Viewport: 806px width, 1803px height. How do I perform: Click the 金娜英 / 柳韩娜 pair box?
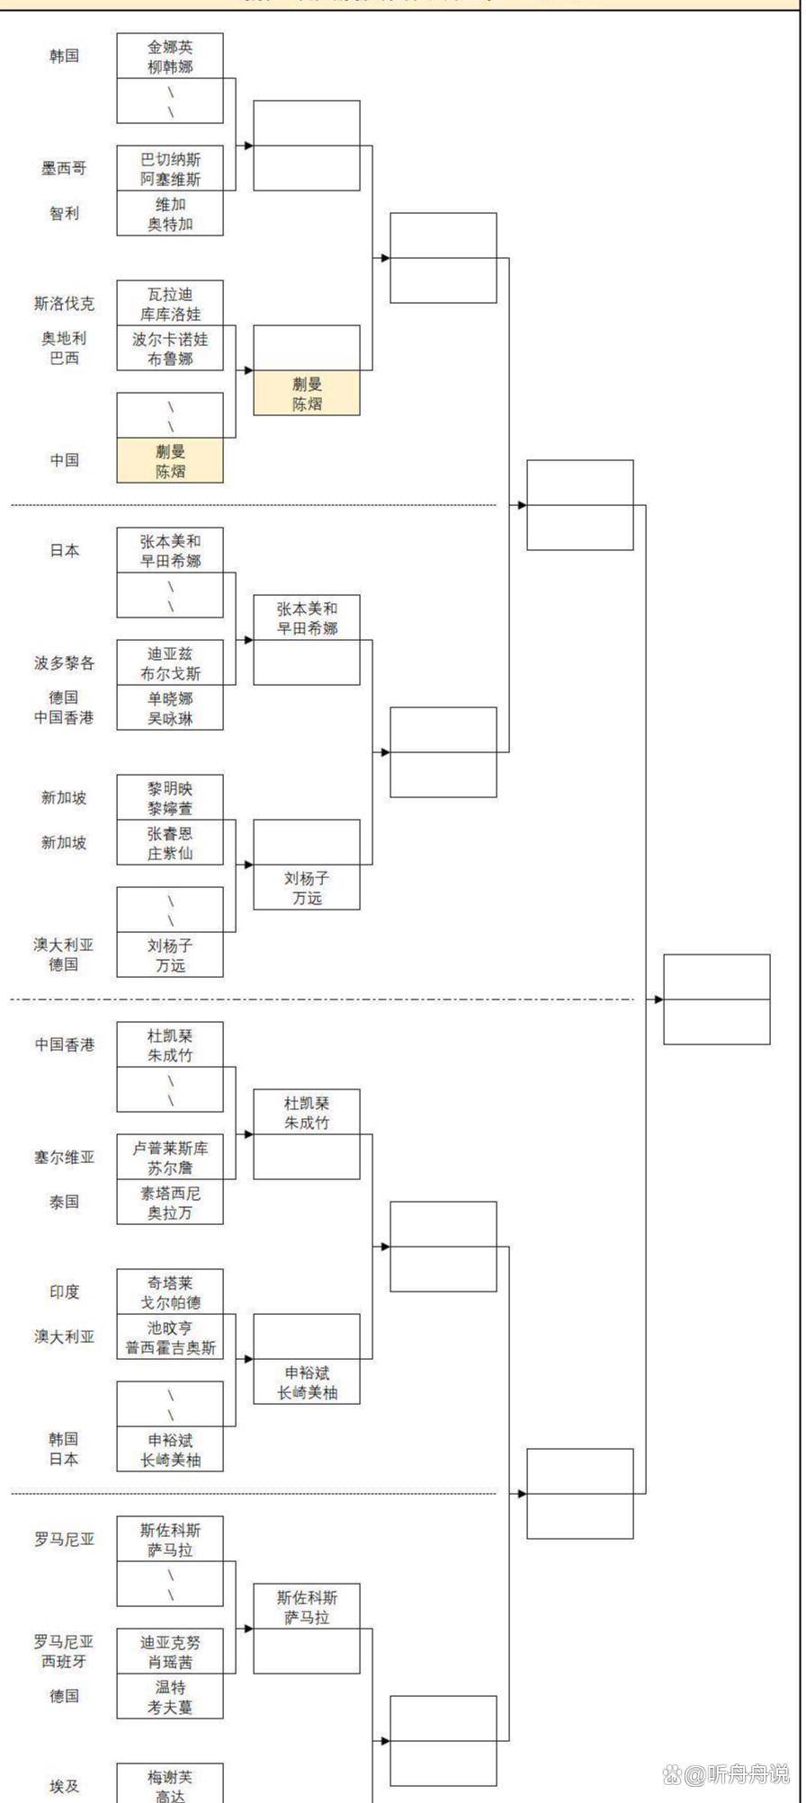170,56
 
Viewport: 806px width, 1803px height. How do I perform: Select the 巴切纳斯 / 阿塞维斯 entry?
170,168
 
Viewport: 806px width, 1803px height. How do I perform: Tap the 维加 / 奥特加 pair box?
170,214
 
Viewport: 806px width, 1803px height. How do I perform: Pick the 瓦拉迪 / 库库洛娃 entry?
170,304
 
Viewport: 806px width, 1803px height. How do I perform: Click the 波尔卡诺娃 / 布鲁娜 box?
170,349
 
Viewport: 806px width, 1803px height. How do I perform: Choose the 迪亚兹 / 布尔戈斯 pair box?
170,663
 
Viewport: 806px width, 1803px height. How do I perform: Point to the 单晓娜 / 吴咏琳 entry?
170,708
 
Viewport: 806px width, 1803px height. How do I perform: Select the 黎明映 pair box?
170,797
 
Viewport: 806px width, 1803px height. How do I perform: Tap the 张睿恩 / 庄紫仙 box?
170,843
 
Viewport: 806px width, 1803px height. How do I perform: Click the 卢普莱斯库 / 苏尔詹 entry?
170,1158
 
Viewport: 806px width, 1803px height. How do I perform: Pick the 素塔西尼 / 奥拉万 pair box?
170,1203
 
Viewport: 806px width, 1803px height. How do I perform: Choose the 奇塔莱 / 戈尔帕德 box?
170,1292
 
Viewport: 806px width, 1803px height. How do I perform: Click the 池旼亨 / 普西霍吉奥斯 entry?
170,1337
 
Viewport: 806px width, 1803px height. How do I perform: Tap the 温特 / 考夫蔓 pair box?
170,1697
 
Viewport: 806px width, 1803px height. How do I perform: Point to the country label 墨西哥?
64,169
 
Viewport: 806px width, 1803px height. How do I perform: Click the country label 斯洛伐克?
64,304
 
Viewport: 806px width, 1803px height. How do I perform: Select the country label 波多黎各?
64,663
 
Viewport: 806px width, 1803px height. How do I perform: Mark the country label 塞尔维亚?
64,1158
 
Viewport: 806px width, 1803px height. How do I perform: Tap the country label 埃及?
64,1786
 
